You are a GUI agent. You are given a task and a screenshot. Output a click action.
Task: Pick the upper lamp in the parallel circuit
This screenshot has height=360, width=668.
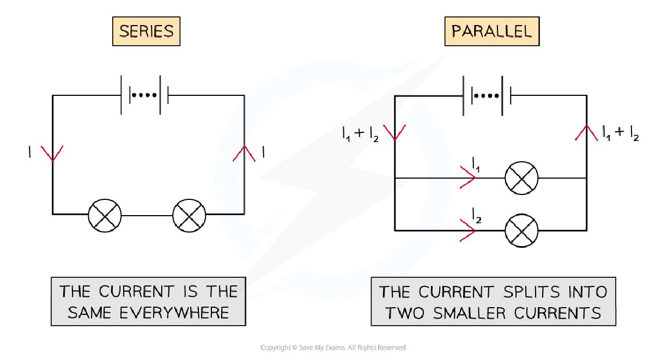[x=521, y=178]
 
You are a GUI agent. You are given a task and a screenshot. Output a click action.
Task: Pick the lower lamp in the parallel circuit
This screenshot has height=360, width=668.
[x=521, y=230]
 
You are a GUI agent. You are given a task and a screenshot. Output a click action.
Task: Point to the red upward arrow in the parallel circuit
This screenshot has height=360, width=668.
[x=586, y=133]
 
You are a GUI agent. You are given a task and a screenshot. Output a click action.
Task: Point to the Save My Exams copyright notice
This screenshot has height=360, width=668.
[x=334, y=347]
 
